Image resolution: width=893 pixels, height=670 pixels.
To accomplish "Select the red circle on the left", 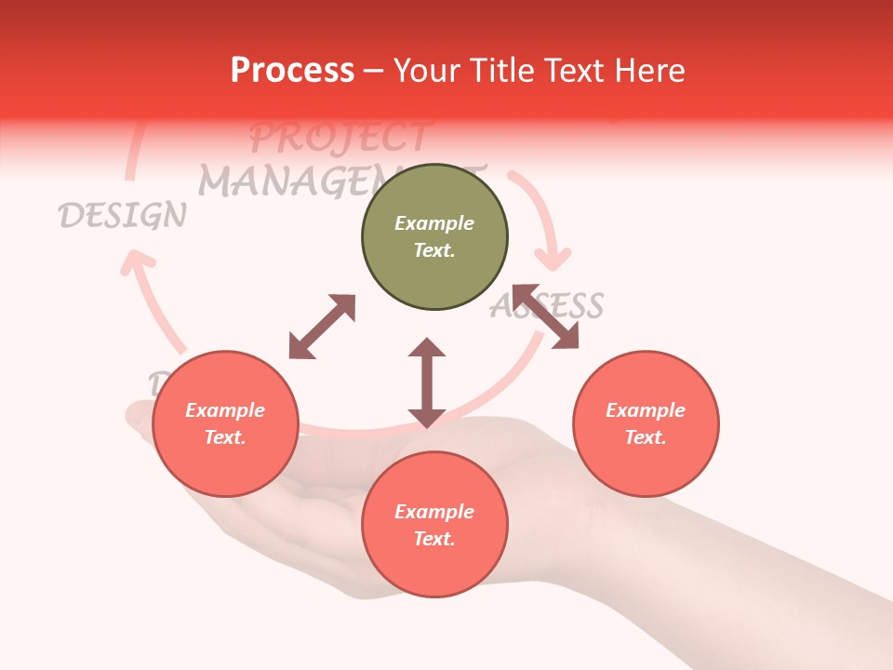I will pos(225,423).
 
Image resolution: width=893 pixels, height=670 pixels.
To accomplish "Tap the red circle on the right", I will pos(646,423).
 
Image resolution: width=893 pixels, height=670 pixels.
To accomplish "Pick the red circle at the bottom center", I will pos(434,524).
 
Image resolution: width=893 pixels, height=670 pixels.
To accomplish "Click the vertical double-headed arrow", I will pos(427,382).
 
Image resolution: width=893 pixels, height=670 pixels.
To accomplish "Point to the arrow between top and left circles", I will pos(322,327).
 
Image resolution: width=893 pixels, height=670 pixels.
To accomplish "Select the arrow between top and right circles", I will pos(544,316).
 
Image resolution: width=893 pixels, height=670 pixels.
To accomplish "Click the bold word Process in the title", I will pos(292,71).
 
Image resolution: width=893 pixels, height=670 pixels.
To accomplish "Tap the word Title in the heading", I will pos(504,71).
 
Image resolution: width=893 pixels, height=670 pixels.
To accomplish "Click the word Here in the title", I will pos(650,71).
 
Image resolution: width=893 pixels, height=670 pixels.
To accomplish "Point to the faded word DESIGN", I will pos(122,216).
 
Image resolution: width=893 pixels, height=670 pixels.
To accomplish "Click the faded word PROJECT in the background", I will pos(339,138).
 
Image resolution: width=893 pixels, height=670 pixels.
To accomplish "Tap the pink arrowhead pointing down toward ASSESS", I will pos(555,254).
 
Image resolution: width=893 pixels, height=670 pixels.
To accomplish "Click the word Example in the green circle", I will pos(434,223).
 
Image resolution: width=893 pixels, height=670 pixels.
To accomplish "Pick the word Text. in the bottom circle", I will pos(434,539).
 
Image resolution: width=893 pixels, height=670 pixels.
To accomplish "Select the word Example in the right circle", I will pos(646,410).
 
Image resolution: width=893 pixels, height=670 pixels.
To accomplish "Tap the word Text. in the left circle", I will pos(225,437).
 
